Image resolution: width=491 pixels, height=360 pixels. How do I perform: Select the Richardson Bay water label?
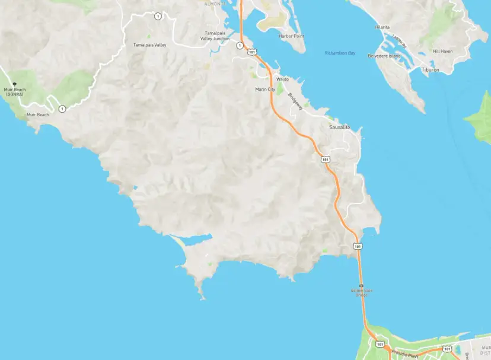(339, 53)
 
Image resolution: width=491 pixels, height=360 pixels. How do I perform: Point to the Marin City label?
(264, 89)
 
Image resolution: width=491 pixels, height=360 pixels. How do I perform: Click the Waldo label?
(282, 79)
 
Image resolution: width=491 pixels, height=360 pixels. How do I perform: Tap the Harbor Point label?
(291, 36)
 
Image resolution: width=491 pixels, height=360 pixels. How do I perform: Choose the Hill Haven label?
(442, 51)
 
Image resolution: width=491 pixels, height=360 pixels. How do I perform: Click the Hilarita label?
(382, 27)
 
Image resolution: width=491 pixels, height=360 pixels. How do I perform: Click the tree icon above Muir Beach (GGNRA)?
(15, 85)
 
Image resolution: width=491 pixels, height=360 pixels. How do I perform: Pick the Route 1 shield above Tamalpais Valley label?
(157, 16)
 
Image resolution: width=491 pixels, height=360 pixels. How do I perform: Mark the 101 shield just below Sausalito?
(326, 159)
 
